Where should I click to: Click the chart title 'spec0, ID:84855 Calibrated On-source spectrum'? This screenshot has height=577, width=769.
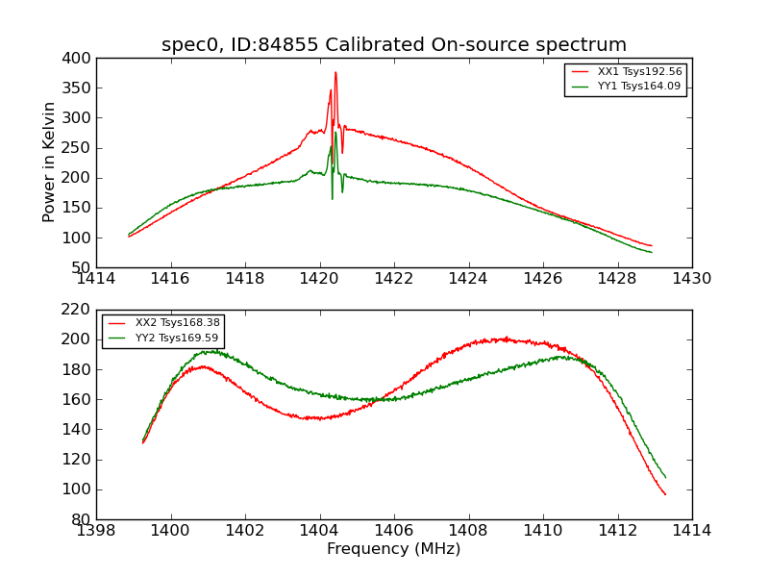tap(394, 44)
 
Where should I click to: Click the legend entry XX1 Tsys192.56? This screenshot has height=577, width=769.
tap(638, 71)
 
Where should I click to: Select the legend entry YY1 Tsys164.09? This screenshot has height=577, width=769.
tap(638, 87)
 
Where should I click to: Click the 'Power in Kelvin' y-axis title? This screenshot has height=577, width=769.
tap(50, 162)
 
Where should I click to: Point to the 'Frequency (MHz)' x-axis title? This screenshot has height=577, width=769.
tap(393, 549)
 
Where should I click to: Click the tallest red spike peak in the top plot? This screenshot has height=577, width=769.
tap(335, 72)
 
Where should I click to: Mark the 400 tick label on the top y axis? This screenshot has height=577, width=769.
tap(78, 58)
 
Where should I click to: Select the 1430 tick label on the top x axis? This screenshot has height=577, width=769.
tap(691, 278)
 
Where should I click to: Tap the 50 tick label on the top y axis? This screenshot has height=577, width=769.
tap(82, 267)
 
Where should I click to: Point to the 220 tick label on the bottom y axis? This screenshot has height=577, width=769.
tap(78, 310)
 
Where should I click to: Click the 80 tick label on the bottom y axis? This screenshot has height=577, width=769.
tap(82, 519)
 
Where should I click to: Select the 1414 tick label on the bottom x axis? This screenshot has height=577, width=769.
tap(691, 530)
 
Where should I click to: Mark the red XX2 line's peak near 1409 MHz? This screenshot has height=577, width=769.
tap(505, 339)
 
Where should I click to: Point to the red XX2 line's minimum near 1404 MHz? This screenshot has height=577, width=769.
tap(317, 418)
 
